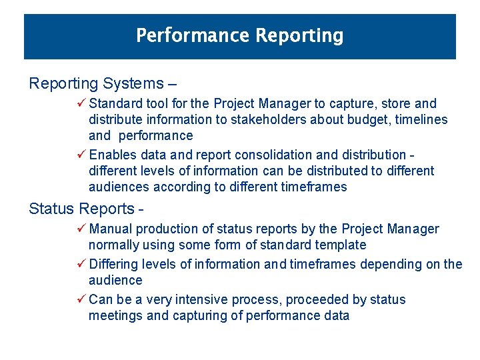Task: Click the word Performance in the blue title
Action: point(182,35)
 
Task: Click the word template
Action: point(339,245)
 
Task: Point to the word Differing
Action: point(114,265)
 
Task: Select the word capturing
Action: point(199,316)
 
